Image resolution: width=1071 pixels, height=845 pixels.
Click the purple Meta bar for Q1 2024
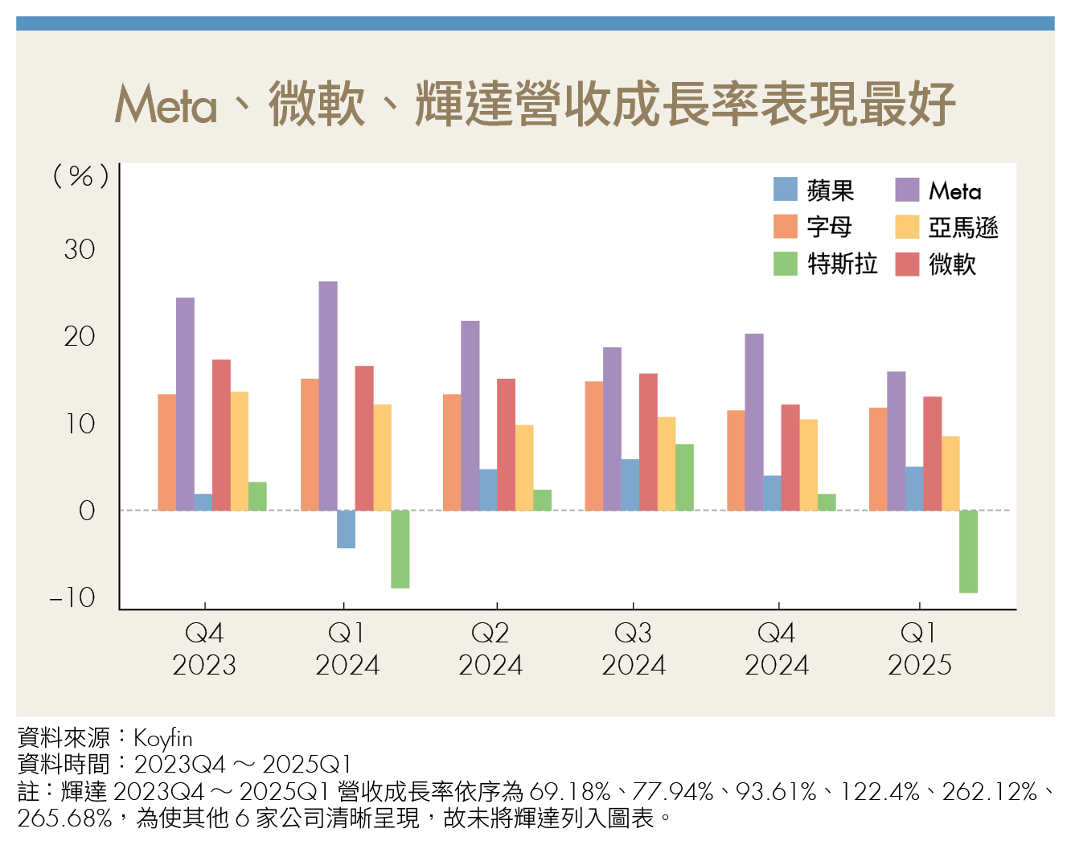click(328, 396)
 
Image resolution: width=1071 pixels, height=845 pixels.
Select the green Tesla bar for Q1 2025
click(968, 552)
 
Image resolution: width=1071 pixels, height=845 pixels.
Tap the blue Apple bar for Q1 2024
click(346, 529)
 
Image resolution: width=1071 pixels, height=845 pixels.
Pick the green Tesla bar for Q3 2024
click(684, 477)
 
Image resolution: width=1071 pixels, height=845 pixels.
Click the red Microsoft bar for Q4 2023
click(221, 435)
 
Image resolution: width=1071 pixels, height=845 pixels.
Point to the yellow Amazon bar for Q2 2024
click(524, 467)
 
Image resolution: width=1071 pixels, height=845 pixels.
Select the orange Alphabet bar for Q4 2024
click(736, 460)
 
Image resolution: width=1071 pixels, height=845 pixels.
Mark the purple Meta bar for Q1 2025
click(896, 441)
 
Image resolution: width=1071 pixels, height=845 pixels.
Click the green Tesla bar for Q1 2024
click(400, 549)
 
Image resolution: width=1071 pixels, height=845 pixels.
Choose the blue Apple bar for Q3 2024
click(630, 485)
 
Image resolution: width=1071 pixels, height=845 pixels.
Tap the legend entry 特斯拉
click(842, 264)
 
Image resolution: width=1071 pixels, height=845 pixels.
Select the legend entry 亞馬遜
click(962, 228)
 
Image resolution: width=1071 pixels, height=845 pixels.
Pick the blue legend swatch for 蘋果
click(786, 190)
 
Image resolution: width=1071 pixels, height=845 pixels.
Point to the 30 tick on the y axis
click(80, 249)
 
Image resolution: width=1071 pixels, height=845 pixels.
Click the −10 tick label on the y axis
click(72, 597)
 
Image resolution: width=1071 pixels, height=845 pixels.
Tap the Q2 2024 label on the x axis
click(490, 649)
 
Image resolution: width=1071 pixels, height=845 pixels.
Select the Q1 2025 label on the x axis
click(919, 649)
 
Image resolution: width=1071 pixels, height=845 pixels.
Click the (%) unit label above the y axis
click(80, 175)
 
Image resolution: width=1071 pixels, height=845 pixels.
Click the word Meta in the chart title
click(166, 105)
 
